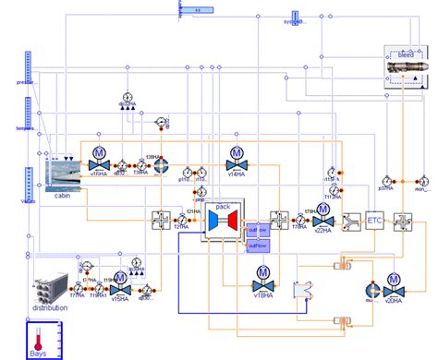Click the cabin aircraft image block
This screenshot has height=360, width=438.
coord(62,173)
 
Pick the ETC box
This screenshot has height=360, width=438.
coord(374,221)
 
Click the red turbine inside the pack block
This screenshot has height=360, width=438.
coord(235,222)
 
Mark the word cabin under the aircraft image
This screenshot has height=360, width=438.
coord(62,196)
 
